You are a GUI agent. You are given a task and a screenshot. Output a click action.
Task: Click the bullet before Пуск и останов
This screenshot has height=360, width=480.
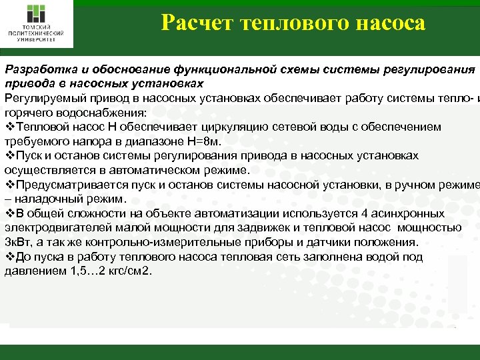pos(9,155)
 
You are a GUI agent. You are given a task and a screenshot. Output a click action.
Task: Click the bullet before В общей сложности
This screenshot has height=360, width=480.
pos(9,213)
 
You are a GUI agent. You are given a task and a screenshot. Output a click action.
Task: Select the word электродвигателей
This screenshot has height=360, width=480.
pos(59,228)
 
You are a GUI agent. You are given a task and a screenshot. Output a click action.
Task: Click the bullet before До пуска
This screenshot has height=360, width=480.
pos(9,257)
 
